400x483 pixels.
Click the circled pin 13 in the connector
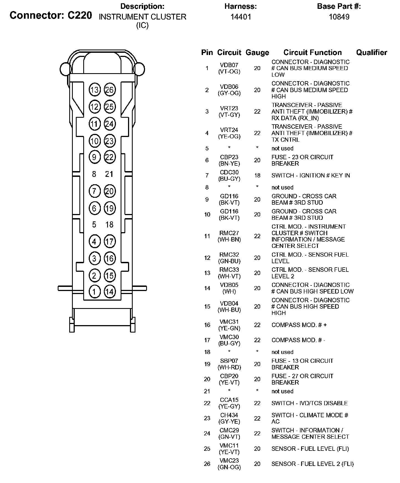[x=94, y=90]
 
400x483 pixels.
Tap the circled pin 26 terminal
[x=110, y=90]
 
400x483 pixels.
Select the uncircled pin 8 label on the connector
[x=94, y=174]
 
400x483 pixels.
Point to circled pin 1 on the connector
[x=94, y=292]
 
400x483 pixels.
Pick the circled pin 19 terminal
[x=110, y=208]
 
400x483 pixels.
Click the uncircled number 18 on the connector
[x=109, y=225]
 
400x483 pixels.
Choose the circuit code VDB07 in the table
[x=229, y=65]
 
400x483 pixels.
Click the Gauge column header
[x=257, y=53]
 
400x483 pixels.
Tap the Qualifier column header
[x=371, y=53]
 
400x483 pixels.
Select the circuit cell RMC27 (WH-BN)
[x=229, y=236]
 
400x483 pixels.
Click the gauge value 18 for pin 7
[x=257, y=175]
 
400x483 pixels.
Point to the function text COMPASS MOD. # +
[x=299, y=325]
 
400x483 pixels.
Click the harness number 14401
[x=241, y=17]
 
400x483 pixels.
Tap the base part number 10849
[x=339, y=17]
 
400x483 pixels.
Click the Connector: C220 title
[x=51, y=15]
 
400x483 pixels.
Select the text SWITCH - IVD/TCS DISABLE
[x=310, y=403]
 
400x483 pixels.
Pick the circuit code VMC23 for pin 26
[x=229, y=460]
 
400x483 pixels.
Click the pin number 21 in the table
[x=207, y=391]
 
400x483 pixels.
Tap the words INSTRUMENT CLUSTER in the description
[x=142, y=17]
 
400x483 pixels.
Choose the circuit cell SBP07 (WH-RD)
[x=229, y=364]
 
